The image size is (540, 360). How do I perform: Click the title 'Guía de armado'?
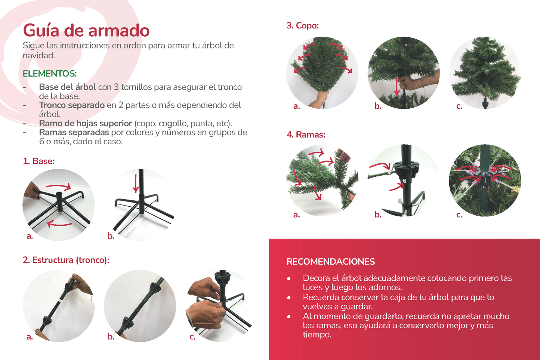pos(86,31)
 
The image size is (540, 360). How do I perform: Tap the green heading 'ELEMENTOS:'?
pos(50,74)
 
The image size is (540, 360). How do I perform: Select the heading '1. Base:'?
pos(38,161)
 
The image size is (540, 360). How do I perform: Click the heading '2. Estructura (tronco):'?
pos(66,260)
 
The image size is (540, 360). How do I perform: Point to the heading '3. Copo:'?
pos(303,25)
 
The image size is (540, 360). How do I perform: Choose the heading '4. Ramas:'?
pos(306,135)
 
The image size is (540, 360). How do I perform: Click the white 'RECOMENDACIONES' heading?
pos(331,262)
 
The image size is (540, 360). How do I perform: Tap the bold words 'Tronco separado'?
pos(72,105)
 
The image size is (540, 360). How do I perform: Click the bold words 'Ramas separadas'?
pos(74,132)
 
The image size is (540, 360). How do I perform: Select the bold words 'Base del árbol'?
pos(68,87)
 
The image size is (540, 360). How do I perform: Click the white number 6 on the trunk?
pos(404,181)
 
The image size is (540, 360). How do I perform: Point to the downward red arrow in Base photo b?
pos(136,184)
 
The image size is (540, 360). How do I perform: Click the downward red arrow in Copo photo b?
pos(397,87)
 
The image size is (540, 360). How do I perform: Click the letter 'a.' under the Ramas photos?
pos(297,215)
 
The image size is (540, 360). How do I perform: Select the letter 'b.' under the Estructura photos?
pos(111,336)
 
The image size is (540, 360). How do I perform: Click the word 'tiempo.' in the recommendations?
pos(317,335)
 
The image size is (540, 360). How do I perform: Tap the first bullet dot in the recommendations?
pos(289,279)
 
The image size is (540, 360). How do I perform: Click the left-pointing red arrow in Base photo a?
pos(59,225)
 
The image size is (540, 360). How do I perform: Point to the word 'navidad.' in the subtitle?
pos(39,56)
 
